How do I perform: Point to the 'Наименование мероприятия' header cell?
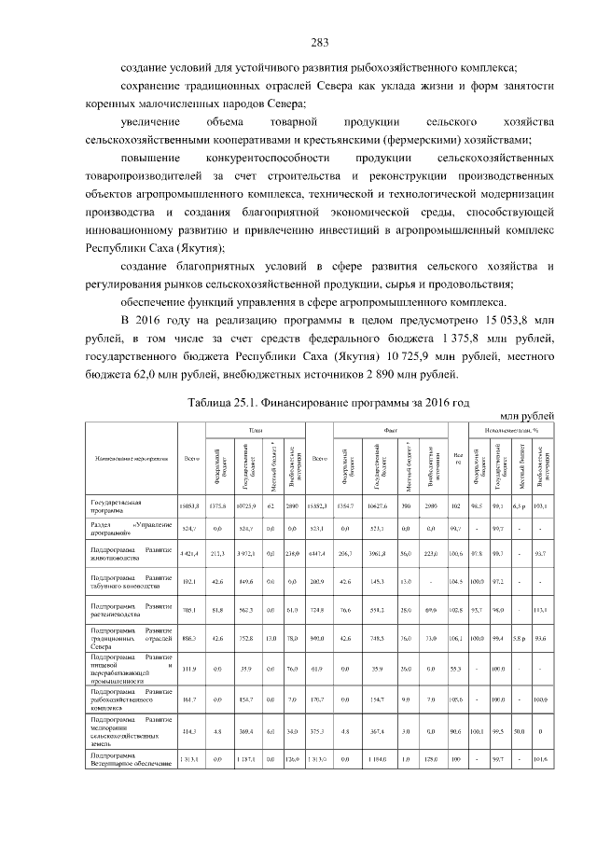(x=132, y=458)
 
